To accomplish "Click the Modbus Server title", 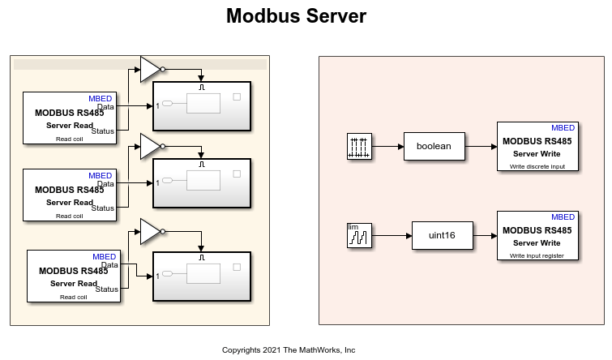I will point(296,16).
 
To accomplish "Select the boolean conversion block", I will point(434,147).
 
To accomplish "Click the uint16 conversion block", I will point(442,235).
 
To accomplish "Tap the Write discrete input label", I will point(537,165).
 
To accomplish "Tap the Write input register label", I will point(537,255).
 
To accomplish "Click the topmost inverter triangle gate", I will point(150,69).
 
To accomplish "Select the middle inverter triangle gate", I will point(150,147).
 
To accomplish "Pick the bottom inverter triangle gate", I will point(150,231).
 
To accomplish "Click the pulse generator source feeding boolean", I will point(359,146).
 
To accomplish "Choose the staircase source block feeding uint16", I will point(358,235).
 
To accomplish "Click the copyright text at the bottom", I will point(289,350).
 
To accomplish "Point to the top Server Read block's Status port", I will point(105,131).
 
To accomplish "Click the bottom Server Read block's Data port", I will point(110,264).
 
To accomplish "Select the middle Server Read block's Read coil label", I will point(69,216).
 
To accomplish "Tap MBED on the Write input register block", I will point(563,216).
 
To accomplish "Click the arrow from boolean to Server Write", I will point(481,147).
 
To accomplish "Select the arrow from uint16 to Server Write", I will point(485,235).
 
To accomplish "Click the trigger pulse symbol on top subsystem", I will point(203,86).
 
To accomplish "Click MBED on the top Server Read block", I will point(101,98).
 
